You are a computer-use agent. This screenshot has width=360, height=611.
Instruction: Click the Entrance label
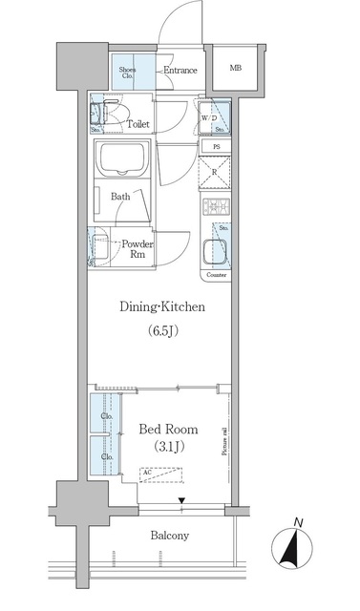point(180,71)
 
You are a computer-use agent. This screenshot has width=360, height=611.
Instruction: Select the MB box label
point(235,68)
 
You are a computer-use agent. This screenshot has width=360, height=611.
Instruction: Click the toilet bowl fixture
point(116,116)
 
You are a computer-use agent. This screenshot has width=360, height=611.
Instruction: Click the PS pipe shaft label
point(217,146)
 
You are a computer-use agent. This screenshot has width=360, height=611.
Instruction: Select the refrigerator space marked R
point(216,172)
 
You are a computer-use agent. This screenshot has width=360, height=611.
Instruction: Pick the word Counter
point(216,275)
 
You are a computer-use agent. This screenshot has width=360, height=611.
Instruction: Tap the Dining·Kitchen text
point(162,307)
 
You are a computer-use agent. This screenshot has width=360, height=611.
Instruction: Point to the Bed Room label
point(168,428)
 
